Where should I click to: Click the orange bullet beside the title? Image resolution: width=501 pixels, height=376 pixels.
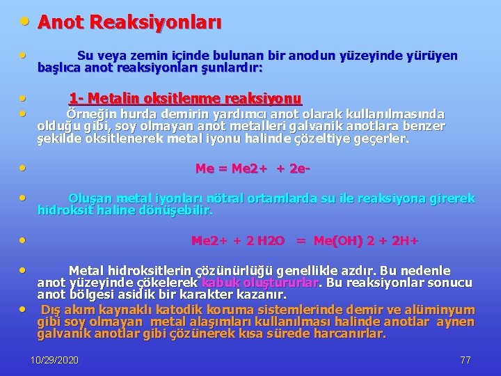24,21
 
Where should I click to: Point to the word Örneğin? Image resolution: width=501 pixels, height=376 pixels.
90,114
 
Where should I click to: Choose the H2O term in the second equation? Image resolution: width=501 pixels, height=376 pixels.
270,242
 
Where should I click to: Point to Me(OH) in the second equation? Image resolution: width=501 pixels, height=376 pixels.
338,242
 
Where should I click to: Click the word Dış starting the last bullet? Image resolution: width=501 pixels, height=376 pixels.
51,310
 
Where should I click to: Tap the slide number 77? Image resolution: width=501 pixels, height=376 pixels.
466,360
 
